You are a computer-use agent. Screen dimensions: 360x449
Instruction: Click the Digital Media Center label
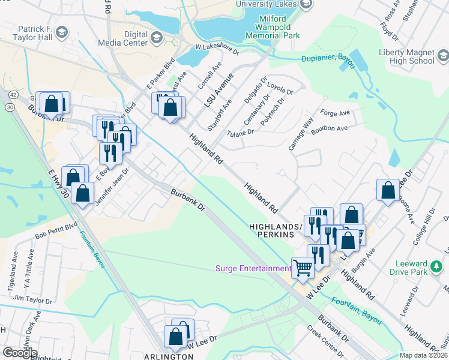tap(127, 39)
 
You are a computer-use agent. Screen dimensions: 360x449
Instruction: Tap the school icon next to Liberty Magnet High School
tap(442, 56)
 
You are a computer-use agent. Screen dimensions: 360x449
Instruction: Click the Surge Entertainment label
tap(253, 268)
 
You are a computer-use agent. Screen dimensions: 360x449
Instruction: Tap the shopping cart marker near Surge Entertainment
tap(303, 268)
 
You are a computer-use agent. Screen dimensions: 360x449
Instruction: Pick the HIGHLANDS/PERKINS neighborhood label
tap(273, 231)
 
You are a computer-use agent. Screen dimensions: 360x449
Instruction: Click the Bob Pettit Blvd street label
tap(56, 230)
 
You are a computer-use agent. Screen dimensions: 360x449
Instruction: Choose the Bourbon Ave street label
tap(334, 129)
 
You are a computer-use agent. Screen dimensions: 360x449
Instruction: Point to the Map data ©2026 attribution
tap(423, 355)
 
